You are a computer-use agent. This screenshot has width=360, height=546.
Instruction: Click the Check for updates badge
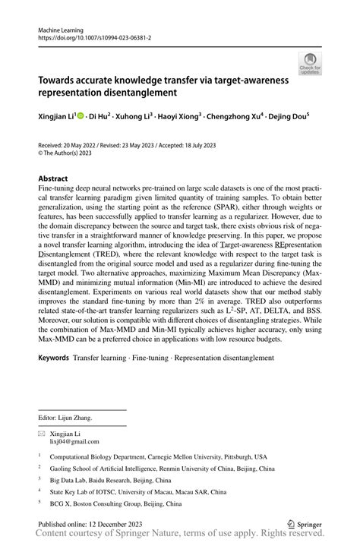(310, 63)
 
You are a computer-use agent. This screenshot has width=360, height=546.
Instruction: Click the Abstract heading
(53, 179)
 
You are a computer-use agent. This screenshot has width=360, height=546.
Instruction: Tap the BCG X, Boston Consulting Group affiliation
(115, 503)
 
